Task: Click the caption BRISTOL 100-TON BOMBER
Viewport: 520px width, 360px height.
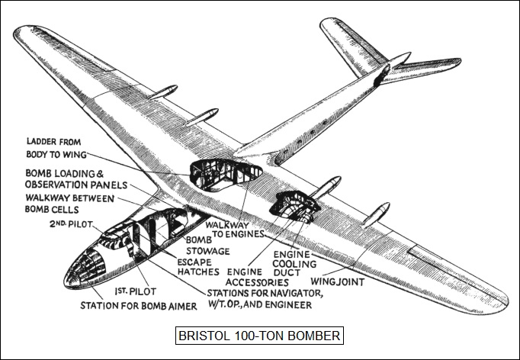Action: (258, 336)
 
